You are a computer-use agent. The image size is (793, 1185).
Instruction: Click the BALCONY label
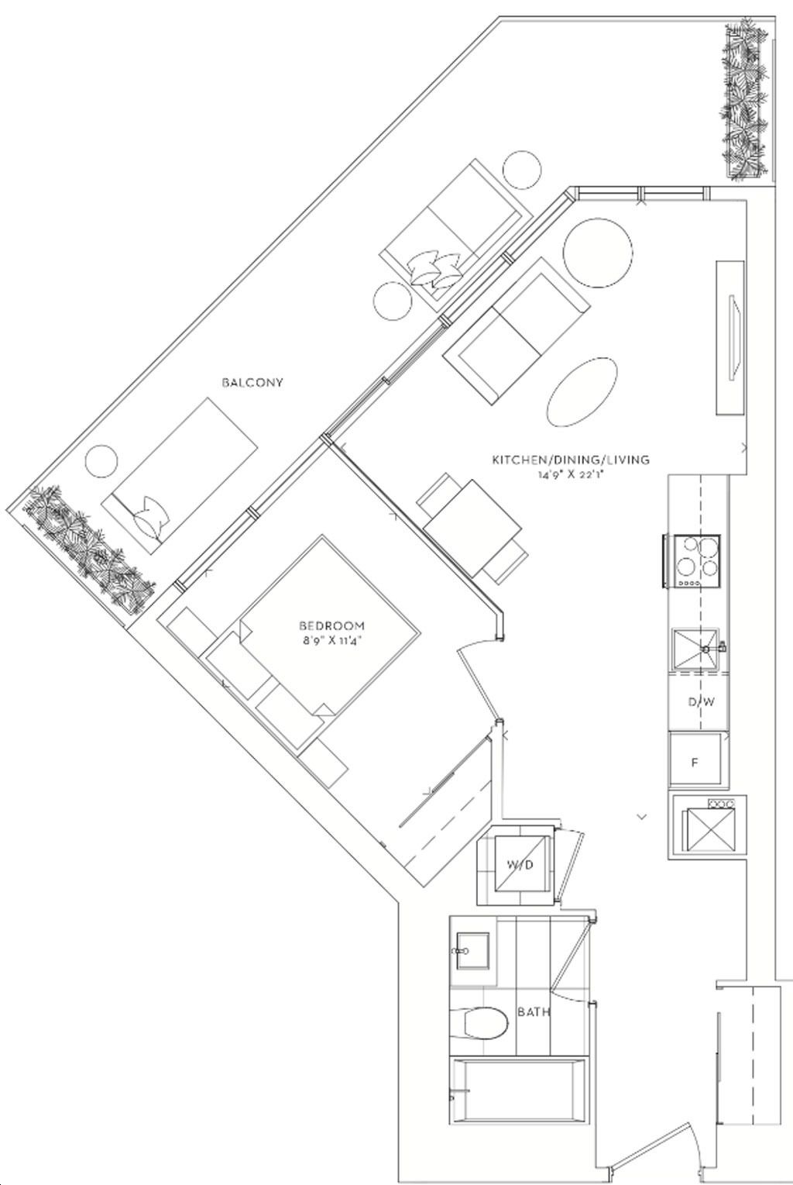pos(252,382)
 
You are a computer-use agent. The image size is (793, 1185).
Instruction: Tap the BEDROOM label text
pos(332,626)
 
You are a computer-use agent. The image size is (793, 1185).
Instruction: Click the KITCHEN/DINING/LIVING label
pos(571,460)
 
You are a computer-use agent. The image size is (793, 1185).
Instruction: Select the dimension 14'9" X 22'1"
pos(571,474)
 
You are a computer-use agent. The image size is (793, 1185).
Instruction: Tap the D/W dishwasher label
pos(702,702)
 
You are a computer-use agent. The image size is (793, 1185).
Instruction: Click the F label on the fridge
pos(695,763)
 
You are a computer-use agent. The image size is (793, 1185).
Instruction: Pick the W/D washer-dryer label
pos(520,865)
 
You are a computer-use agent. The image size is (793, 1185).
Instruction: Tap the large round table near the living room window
pos(597,253)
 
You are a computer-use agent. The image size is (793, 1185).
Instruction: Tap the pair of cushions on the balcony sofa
pos(435,270)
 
